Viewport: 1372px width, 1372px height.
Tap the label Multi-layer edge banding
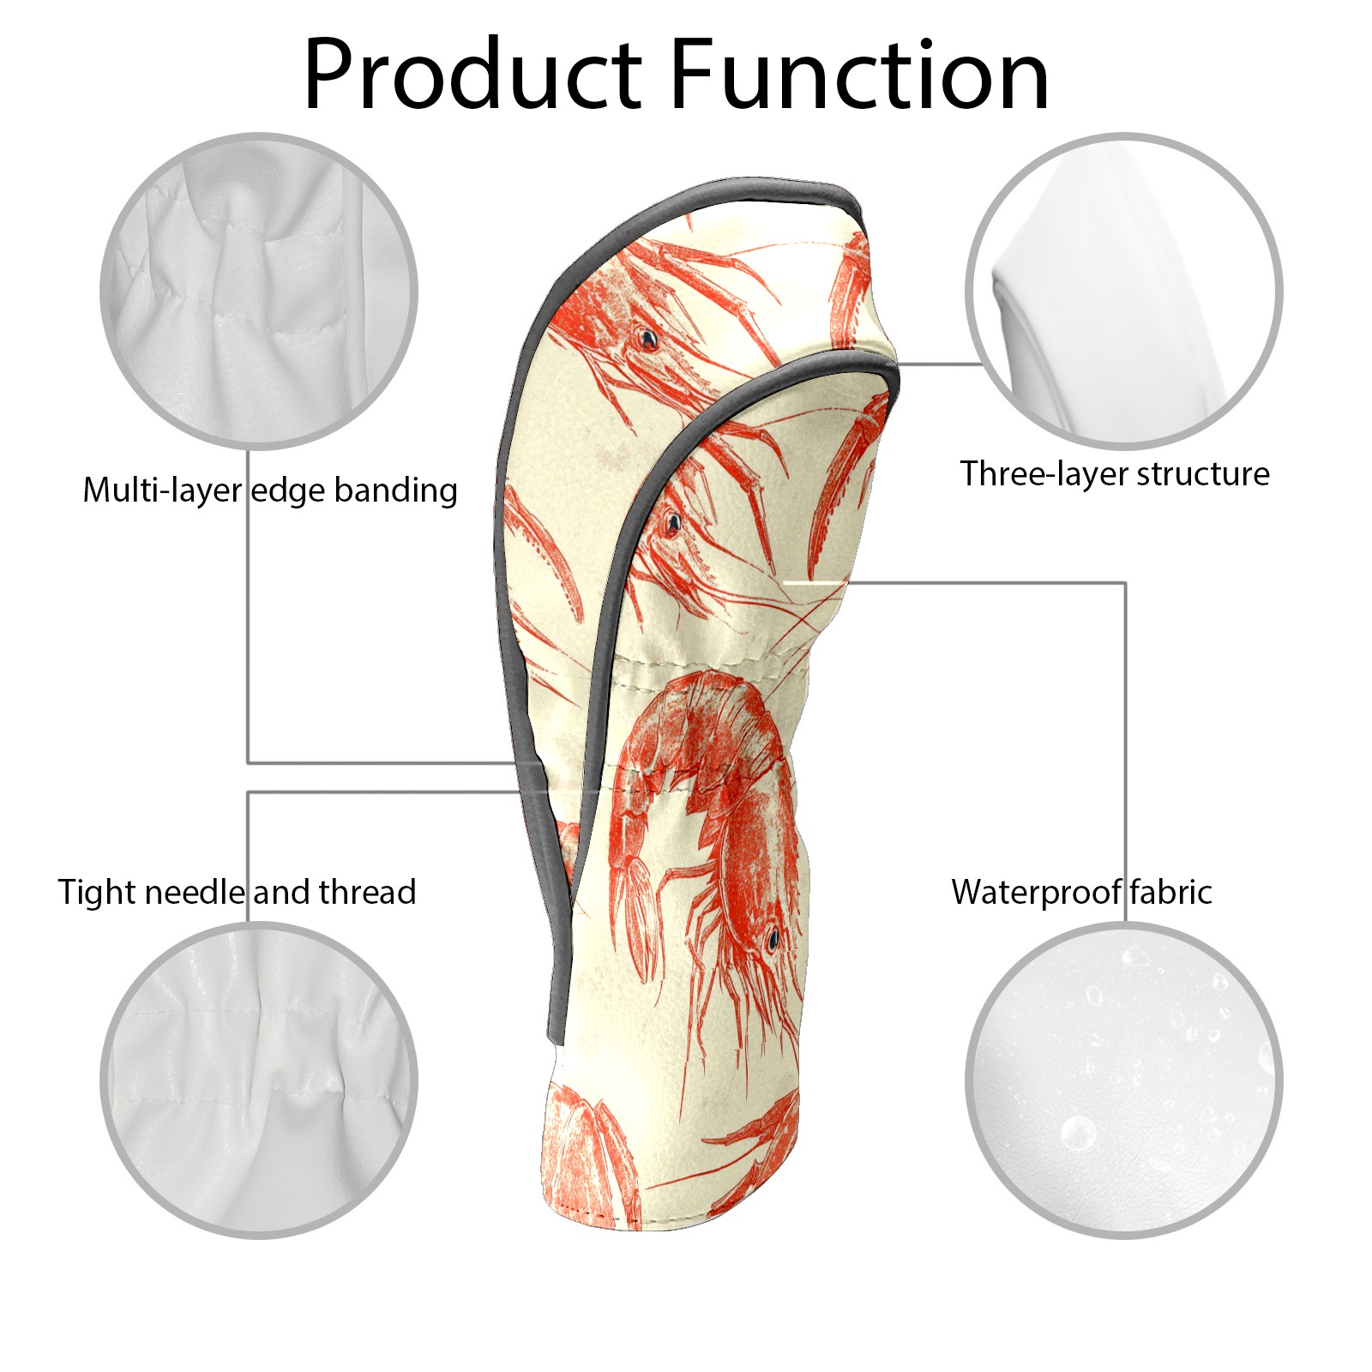click(270, 490)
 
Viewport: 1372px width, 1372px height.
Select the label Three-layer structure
click(1114, 473)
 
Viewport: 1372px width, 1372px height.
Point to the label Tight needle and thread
click(237, 892)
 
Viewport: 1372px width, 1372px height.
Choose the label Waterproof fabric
click(1081, 892)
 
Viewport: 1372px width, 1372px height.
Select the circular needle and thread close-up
click(259, 1080)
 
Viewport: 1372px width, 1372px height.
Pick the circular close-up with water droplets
click(1123, 1080)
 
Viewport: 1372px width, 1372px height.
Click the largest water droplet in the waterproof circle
click(1078, 1134)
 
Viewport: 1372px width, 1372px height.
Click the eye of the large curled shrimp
click(773, 939)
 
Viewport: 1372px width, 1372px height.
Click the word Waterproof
click(1035, 892)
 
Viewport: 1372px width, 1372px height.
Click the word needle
click(194, 892)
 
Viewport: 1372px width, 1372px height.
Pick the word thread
click(367, 892)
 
